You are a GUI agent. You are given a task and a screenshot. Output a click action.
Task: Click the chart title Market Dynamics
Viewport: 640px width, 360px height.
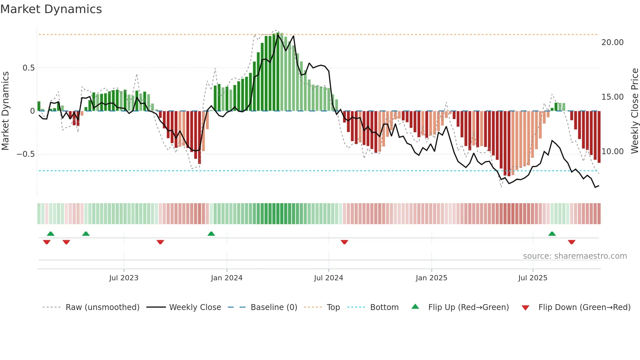[x=51, y=9]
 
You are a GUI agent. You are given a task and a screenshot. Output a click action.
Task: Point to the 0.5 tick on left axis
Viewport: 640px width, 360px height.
[x=28, y=68]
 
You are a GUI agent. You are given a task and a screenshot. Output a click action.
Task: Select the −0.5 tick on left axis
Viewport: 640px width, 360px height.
[x=25, y=154]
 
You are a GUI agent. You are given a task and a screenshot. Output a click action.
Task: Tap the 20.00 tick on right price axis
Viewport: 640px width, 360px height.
[x=612, y=42]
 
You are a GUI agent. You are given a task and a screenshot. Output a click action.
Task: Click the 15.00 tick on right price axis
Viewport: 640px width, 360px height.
[x=612, y=97]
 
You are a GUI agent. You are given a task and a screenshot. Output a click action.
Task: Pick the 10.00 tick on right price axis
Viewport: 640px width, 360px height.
[x=612, y=152]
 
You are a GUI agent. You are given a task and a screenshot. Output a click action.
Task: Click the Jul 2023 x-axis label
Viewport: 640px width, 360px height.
[x=124, y=278]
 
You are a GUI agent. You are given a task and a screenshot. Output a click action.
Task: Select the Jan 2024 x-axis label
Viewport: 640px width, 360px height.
[x=227, y=278]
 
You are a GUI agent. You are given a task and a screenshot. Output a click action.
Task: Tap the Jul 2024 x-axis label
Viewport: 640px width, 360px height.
[x=328, y=278]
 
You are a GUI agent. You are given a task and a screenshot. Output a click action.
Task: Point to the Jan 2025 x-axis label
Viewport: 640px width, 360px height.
[x=431, y=278]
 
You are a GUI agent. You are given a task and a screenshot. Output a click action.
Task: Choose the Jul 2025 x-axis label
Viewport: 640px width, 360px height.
[x=533, y=278]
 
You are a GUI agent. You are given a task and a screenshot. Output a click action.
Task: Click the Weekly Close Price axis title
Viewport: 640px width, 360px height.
[x=634, y=111]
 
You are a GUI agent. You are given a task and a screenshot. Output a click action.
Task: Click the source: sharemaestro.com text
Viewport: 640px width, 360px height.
[x=575, y=256]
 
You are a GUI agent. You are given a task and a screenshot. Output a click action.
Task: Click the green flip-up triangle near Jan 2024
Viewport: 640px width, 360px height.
[x=211, y=234]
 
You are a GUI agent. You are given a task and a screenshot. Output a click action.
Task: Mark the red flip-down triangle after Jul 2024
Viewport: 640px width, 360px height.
[x=344, y=242]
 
